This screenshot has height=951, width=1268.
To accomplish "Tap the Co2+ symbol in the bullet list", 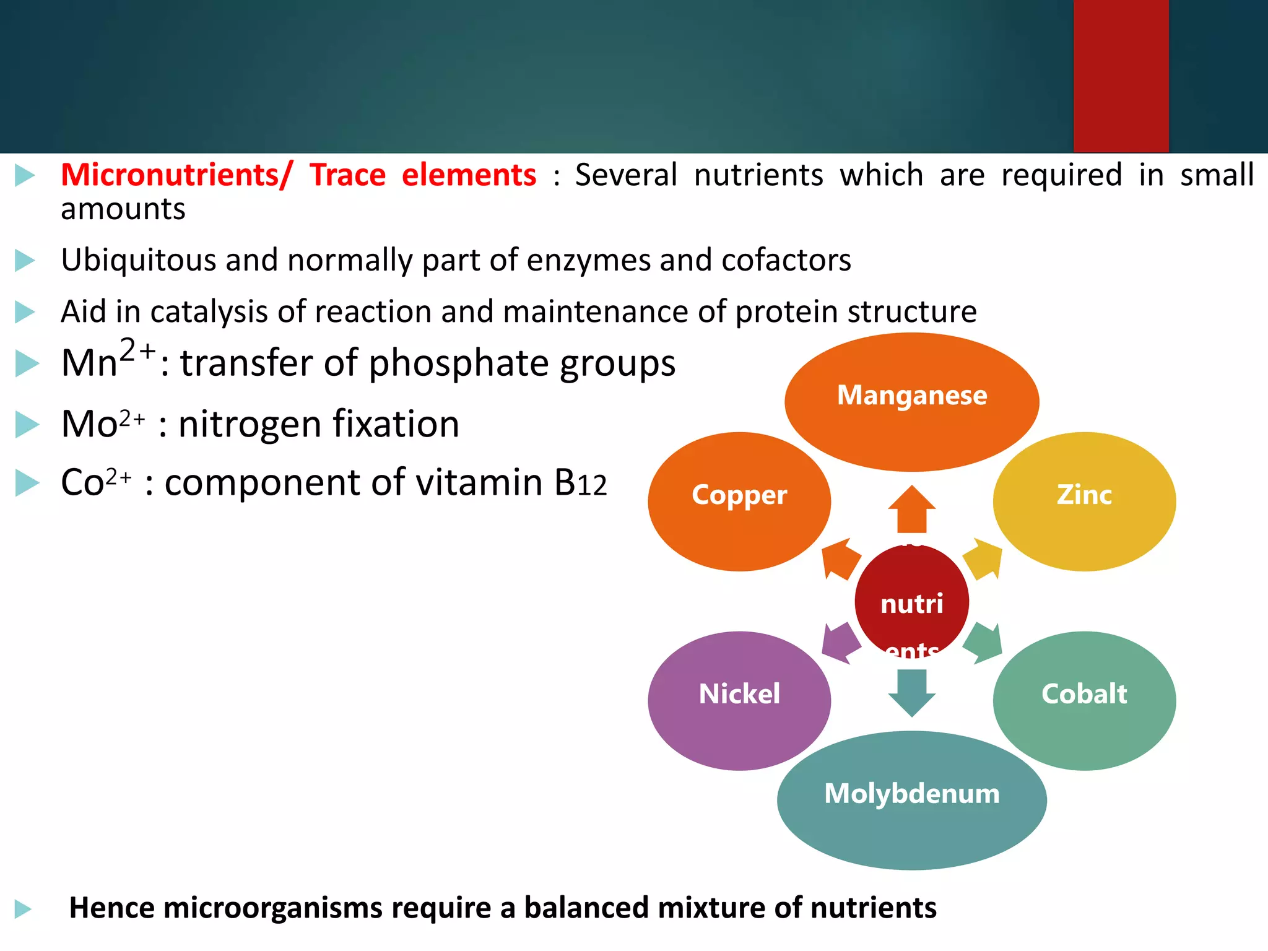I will click(96, 482).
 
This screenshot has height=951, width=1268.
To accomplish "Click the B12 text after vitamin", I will click(580, 483).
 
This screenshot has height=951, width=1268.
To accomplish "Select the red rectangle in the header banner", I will click(1121, 76).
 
